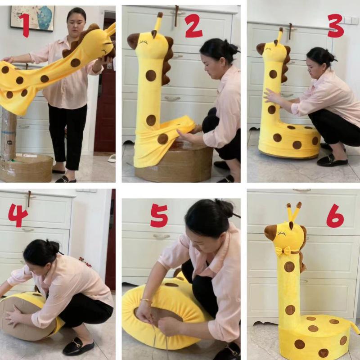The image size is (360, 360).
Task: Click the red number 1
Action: coord(23,25)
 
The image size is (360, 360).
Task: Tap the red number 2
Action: coord(193,26)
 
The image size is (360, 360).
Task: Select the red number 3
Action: coord(335,26)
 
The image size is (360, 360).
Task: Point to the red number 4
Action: coord(18,216)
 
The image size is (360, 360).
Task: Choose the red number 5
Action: coord(159,216)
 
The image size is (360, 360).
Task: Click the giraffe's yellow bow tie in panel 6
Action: coord(283,251)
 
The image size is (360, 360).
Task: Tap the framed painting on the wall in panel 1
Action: coord(32,18)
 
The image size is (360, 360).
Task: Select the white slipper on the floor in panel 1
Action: coord(112,158)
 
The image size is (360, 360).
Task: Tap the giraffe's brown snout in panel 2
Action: coord(133,40)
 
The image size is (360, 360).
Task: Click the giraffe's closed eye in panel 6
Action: coord(282,234)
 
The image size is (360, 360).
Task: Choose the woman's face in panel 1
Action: coord(76,20)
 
